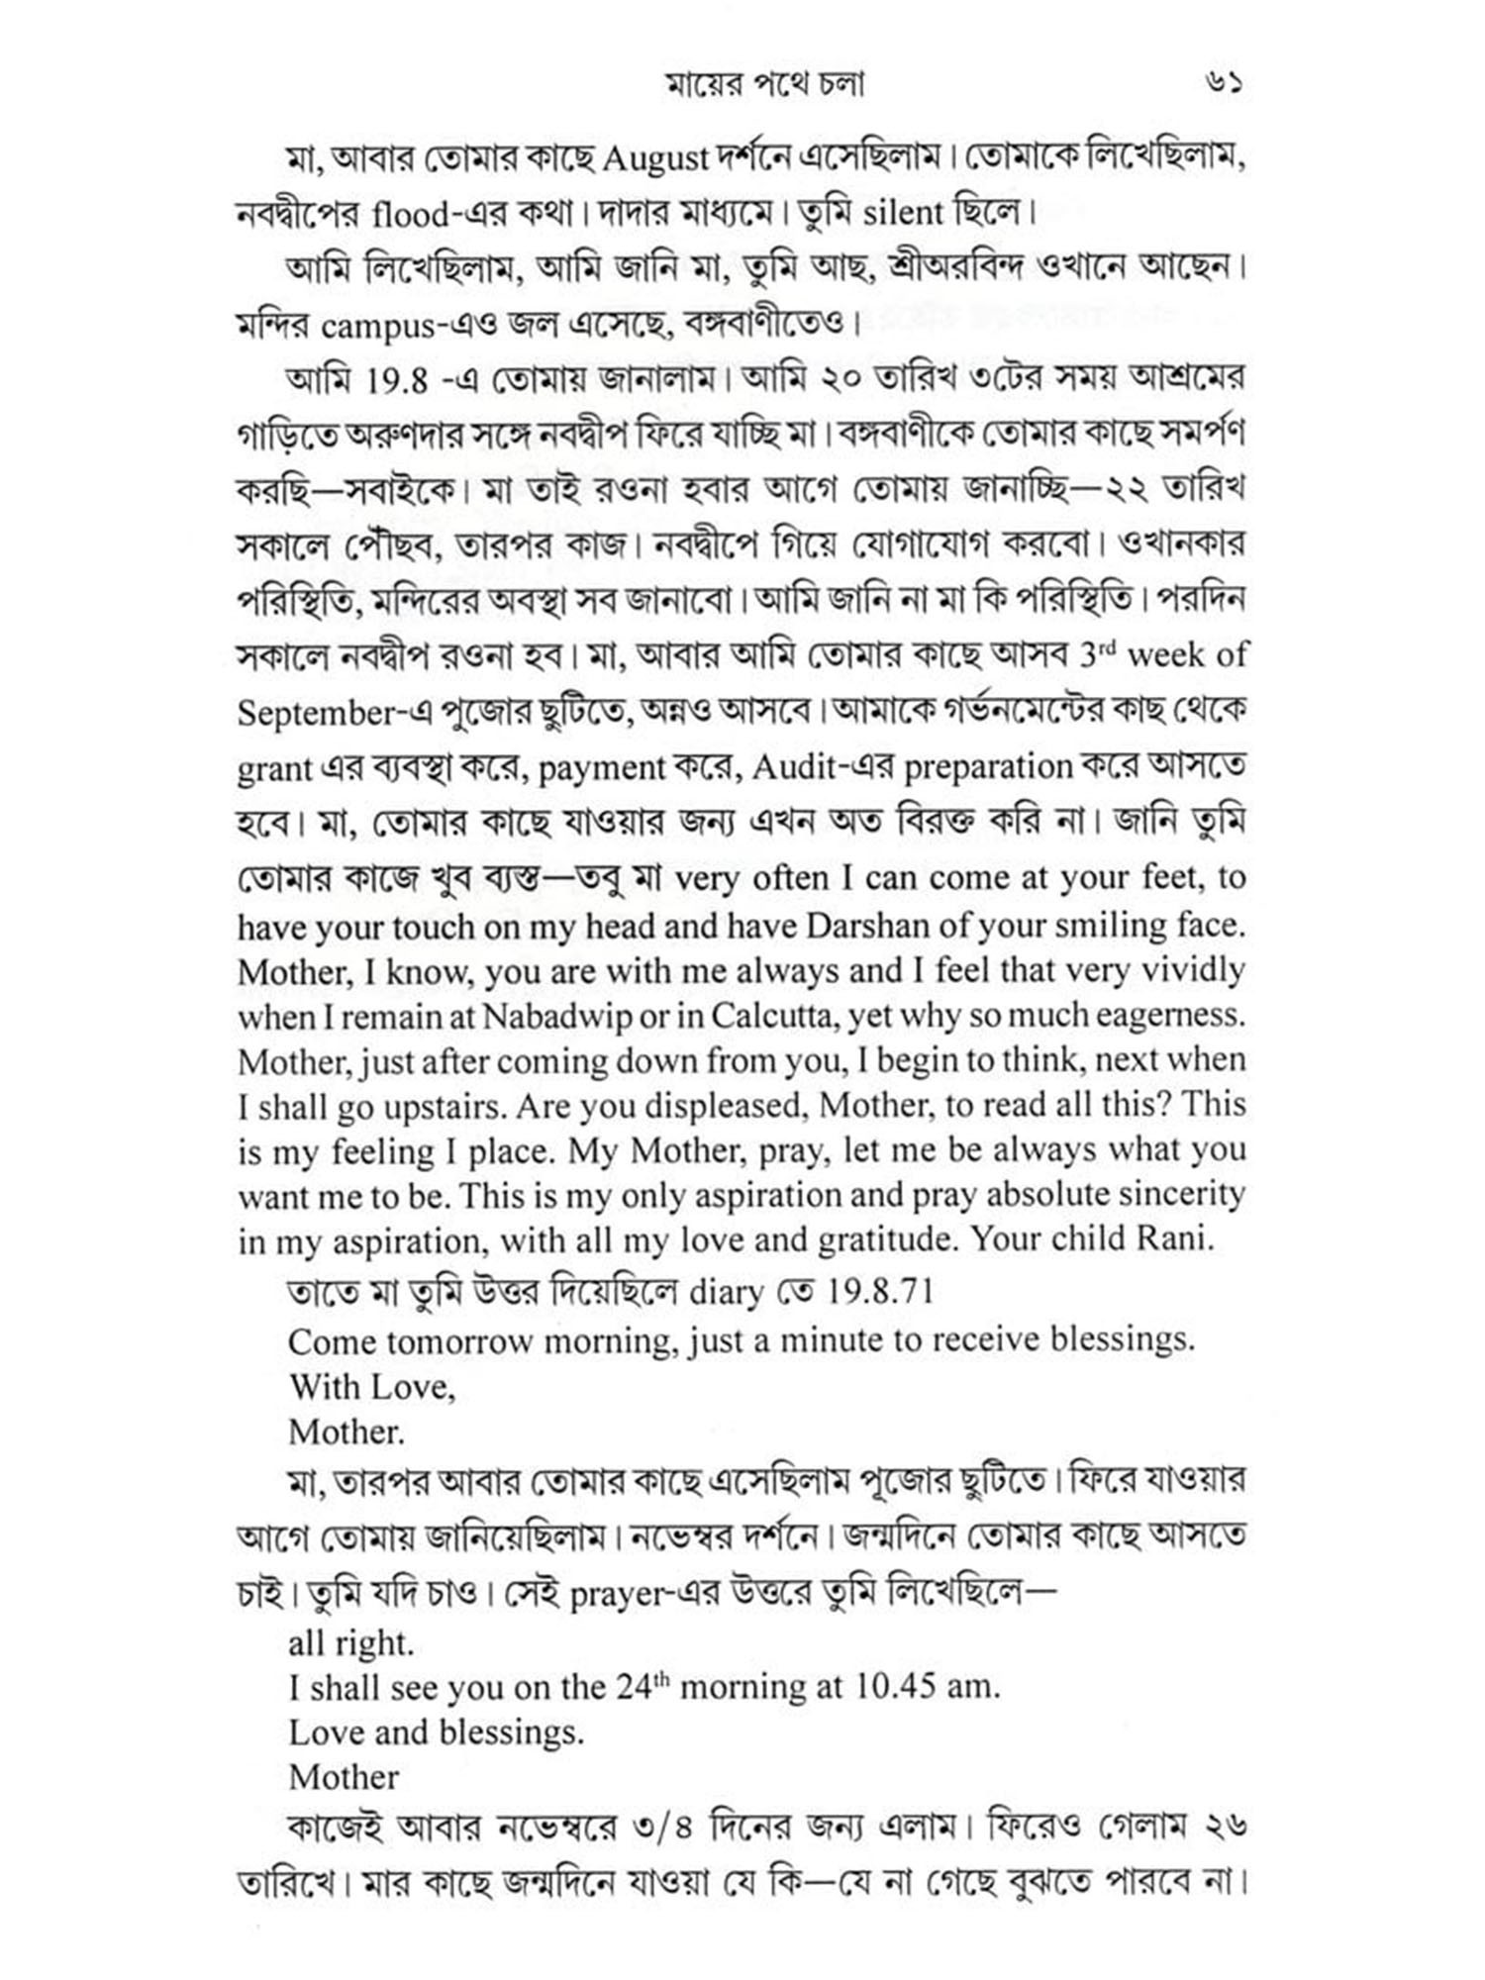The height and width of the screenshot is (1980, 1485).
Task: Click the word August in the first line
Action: click(x=655, y=158)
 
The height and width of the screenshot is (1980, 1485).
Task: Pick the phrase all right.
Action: click(x=350, y=1643)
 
